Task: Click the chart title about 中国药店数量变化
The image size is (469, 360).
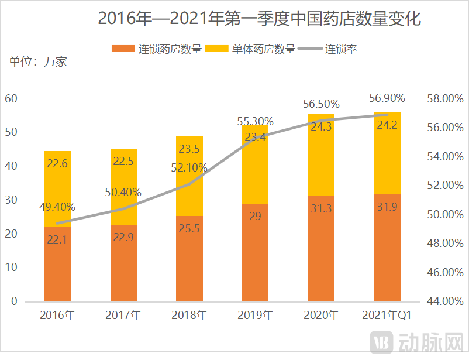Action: [x=259, y=19]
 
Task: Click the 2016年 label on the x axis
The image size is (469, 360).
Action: [x=57, y=316]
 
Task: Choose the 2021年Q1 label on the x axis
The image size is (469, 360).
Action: [x=387, y=316]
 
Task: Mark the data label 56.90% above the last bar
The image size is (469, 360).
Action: [x=387, y=98]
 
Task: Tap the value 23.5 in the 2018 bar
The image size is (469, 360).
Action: [x=189, y=149]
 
